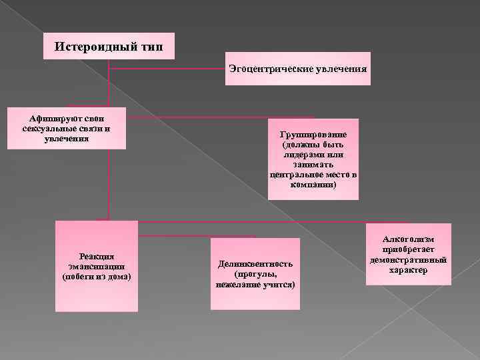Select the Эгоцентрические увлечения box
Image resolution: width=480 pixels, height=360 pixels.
297,69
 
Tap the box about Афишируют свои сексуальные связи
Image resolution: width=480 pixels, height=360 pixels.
67,127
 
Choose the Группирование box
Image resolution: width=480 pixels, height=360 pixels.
313,159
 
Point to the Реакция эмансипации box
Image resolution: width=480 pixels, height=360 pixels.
97,266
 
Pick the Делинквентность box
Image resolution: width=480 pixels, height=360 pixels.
255,274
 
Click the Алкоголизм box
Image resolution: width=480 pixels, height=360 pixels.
409,254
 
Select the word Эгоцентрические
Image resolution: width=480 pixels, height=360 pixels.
273,69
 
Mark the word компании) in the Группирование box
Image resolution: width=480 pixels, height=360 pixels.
313,185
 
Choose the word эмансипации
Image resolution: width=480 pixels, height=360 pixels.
97,266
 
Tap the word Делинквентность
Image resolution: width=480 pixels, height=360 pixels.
255,264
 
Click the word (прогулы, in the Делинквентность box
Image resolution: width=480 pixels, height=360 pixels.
255,274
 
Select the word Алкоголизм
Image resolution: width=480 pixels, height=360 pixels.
409,239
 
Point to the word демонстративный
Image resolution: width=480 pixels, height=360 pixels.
409,259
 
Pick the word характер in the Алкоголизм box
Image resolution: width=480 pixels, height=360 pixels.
409,270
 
